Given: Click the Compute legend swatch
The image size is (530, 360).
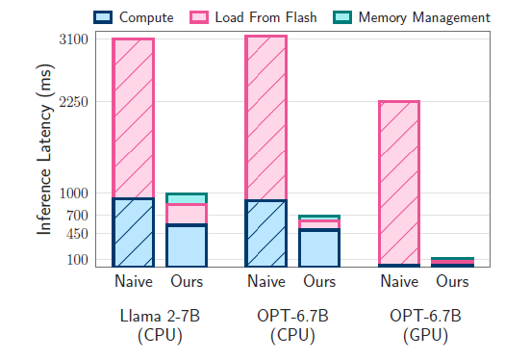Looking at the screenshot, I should (x=102, y=17).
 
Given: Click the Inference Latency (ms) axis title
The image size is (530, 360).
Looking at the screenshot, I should (x=44, y=154).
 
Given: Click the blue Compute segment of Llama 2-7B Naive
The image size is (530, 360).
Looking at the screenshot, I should (x=133, y=232).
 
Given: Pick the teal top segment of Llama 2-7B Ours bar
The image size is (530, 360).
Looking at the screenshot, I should (x=187, y=198).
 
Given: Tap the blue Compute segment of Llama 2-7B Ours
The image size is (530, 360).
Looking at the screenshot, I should (x=187, y=245).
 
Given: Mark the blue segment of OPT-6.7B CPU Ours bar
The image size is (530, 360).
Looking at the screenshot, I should (x=319, y=247).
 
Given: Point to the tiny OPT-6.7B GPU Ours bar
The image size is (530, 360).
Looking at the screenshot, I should (x=452, y=261).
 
